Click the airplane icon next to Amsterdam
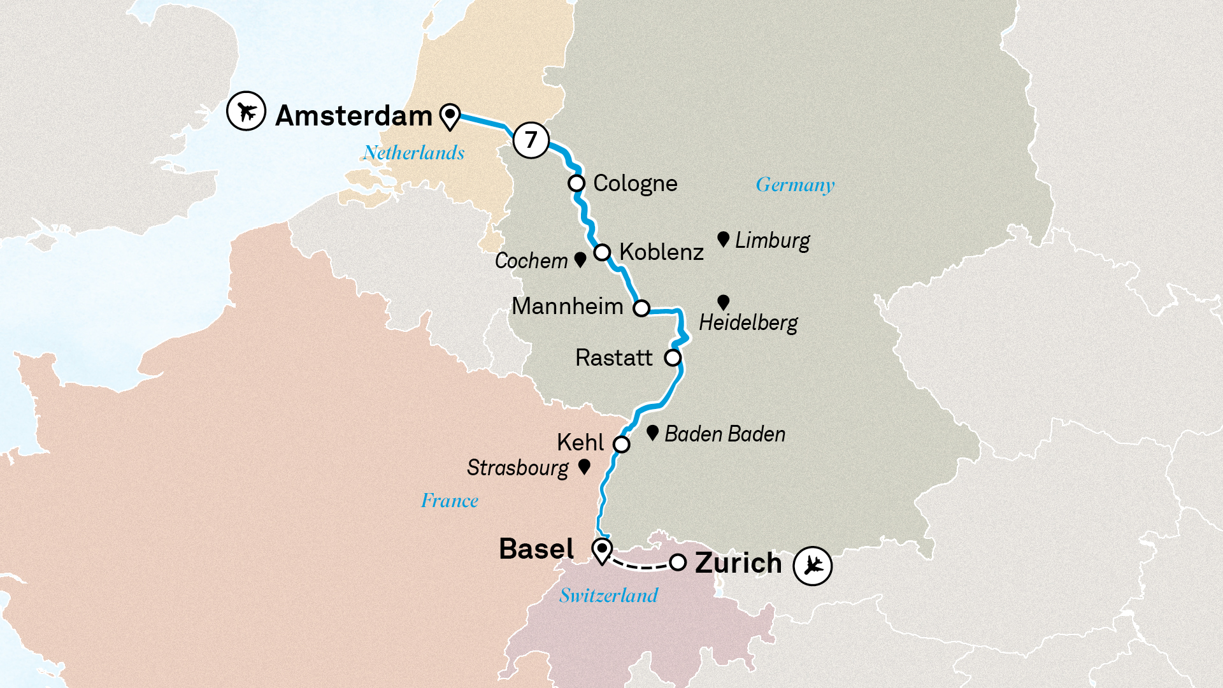coord(246,111)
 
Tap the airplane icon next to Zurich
coord(812,565)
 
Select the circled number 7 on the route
coord(531,140)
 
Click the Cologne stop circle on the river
coord(576,183)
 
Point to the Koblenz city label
coord(661,252)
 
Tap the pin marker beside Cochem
coord(580,259)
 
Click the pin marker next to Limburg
coord(723,239)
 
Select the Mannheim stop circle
coord(641,308)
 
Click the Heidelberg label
coord(748,323)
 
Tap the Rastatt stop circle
coord(673,358)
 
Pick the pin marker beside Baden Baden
coord(652,433)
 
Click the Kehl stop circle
coord(622,444)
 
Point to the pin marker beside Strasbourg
coord(584,466)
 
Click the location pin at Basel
coord(602,550)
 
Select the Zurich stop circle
coord(678,563)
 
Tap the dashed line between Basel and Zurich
coord(640,566)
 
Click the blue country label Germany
coord(794,185)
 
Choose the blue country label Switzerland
coord(608,596)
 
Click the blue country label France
coord(450,501)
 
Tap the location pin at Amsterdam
coord(450,116)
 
